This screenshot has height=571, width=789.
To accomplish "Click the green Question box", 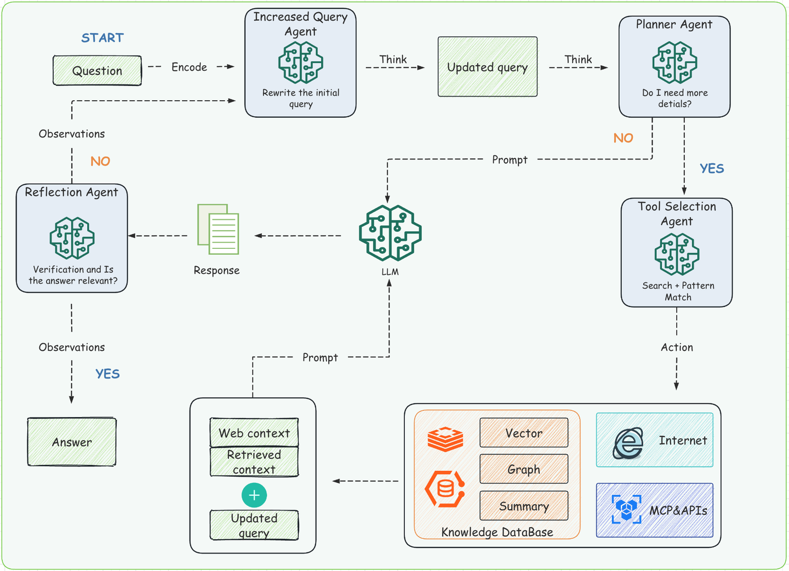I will pos(97,71).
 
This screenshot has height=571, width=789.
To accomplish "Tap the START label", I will pos(102,38).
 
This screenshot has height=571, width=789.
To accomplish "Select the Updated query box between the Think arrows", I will pos(487,67).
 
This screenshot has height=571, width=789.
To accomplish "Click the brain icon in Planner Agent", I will pos(674,63).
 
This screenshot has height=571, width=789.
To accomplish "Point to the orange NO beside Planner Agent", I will pos(623,138).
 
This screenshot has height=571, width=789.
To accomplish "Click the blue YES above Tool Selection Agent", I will pos(712,169).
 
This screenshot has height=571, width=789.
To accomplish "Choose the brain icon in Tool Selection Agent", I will pos(677,254).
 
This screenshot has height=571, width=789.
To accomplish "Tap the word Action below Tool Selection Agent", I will pos(677,347).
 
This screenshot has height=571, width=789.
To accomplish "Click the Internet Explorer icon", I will pos(628,442).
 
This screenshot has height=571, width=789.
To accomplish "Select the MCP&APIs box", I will pos(654,510).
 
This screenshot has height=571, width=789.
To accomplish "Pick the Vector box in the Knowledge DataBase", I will pos(524,433).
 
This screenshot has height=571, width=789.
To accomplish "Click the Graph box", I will pos(524,469).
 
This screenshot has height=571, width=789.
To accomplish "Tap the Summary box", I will pos(524,506).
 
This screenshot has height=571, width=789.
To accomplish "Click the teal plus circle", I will pos(254,495).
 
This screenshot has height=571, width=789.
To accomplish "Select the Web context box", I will pos(254,433).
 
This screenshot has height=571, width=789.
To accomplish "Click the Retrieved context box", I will pos(254,462).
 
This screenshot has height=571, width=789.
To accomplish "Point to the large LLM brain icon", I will pos(390,233).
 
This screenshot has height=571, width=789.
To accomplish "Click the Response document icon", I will pos(218,230).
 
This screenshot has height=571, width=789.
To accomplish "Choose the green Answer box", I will pos(72,442).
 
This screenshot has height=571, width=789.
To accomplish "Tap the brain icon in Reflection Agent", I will pos(72,238).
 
